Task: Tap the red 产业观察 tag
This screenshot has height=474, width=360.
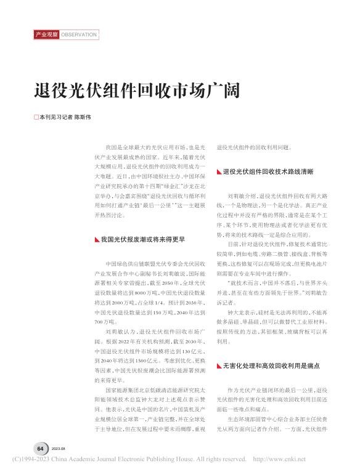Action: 46,35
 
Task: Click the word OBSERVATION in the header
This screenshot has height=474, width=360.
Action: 79,35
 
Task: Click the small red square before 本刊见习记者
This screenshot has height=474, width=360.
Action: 36,116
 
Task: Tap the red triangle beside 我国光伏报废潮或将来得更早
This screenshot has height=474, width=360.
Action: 93,238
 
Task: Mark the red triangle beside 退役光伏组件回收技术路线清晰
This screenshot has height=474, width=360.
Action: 219,171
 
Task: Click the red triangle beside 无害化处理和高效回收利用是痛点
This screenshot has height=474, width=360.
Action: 219,366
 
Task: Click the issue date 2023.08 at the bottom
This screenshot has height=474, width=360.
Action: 59,449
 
